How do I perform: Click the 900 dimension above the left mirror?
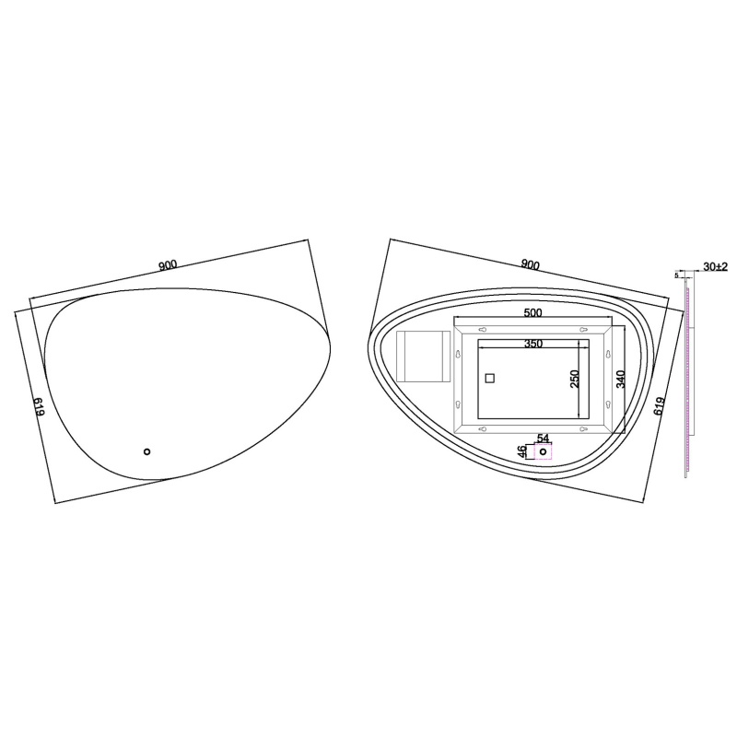click(x=168, y=265)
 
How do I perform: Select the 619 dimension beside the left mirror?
click(x=39, y=406)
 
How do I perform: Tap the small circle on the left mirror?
click(x=146, y=451)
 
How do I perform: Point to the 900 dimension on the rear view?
click(x=531, y=265)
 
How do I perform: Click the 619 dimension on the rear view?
click(x=659, y=406)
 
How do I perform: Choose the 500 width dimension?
click(x=532, y=313)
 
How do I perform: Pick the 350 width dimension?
click(x=533, y=344)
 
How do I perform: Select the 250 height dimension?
click(x=574, y=379)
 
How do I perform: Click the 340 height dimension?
click(x=620, y=379)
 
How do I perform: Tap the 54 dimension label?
click(x=543, y=439)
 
